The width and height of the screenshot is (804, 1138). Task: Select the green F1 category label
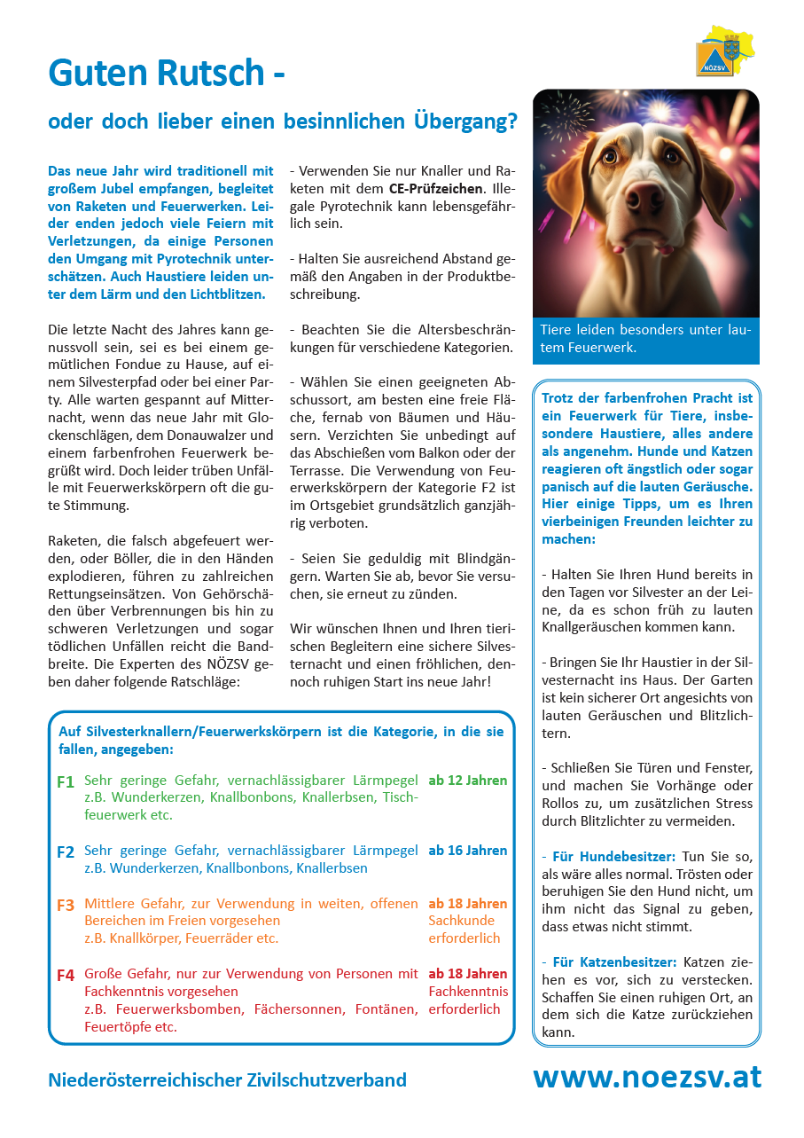tap(65, 782)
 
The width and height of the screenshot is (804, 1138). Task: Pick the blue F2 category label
tap(65, 852)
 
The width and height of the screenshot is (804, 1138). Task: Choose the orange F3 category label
tap(65, 906)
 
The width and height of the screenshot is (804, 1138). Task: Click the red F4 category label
tap(65, 976)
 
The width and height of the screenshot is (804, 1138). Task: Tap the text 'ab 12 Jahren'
tap(468, 781)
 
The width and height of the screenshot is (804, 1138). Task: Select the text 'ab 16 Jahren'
tap(468, 850)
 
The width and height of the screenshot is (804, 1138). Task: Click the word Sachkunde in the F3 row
tap(462, 921)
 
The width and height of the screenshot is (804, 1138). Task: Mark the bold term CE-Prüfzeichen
tap(437, 189)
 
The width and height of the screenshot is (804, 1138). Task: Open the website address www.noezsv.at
tap(646, 1077)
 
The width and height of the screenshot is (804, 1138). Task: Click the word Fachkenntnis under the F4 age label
tap(468, 991)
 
